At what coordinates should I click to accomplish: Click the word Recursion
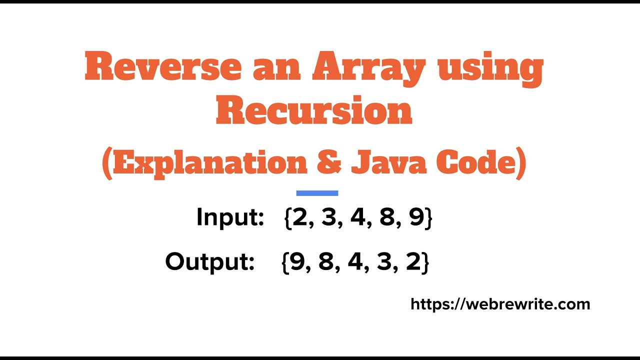314,112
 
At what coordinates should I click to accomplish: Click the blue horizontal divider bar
317,193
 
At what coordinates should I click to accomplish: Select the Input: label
230,217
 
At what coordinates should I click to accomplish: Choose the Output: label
210,261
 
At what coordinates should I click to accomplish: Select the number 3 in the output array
384,261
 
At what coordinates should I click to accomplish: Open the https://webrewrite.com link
500,304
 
